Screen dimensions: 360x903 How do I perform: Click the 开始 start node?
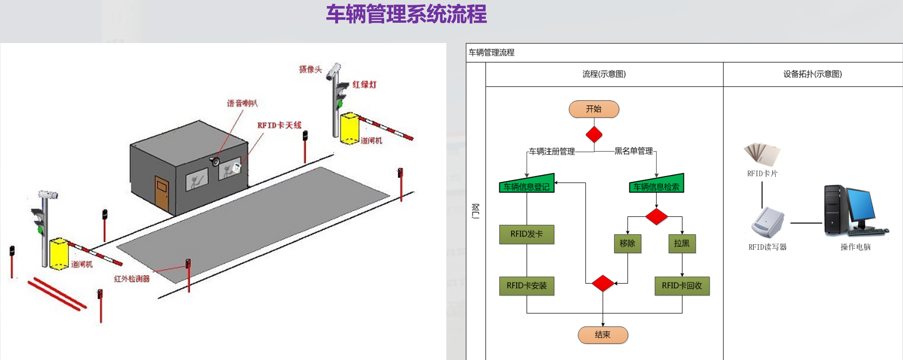coord(593,109)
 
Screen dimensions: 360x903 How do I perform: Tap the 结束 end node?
coord(603,335)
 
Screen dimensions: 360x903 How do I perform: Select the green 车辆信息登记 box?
coord(526,185)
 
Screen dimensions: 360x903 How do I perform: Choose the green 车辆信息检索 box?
coord(656,185)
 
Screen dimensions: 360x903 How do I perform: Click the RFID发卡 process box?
coord(526,234)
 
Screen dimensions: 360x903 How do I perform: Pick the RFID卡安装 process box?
coord(526,286)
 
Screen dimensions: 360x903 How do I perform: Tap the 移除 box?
coord(627,244)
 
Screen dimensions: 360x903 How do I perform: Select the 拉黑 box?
coord(682,244)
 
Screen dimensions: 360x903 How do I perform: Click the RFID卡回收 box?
coord(682,286)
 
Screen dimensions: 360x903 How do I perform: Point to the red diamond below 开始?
coord(594,135)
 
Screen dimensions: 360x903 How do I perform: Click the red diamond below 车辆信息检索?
coord(656,216)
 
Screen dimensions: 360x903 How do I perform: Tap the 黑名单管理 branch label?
coord(634,151)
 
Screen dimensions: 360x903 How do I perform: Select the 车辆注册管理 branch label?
coord(552,151)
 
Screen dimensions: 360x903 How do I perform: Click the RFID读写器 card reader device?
coord(768,222)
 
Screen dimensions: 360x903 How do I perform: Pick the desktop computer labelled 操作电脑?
coord(853,210)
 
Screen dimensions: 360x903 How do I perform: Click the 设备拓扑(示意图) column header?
coord(813,74)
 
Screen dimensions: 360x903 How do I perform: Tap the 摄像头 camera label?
coord(310,69)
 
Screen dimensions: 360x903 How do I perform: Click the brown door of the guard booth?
coord(162,193)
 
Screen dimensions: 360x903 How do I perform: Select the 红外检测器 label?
coord(132,279)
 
